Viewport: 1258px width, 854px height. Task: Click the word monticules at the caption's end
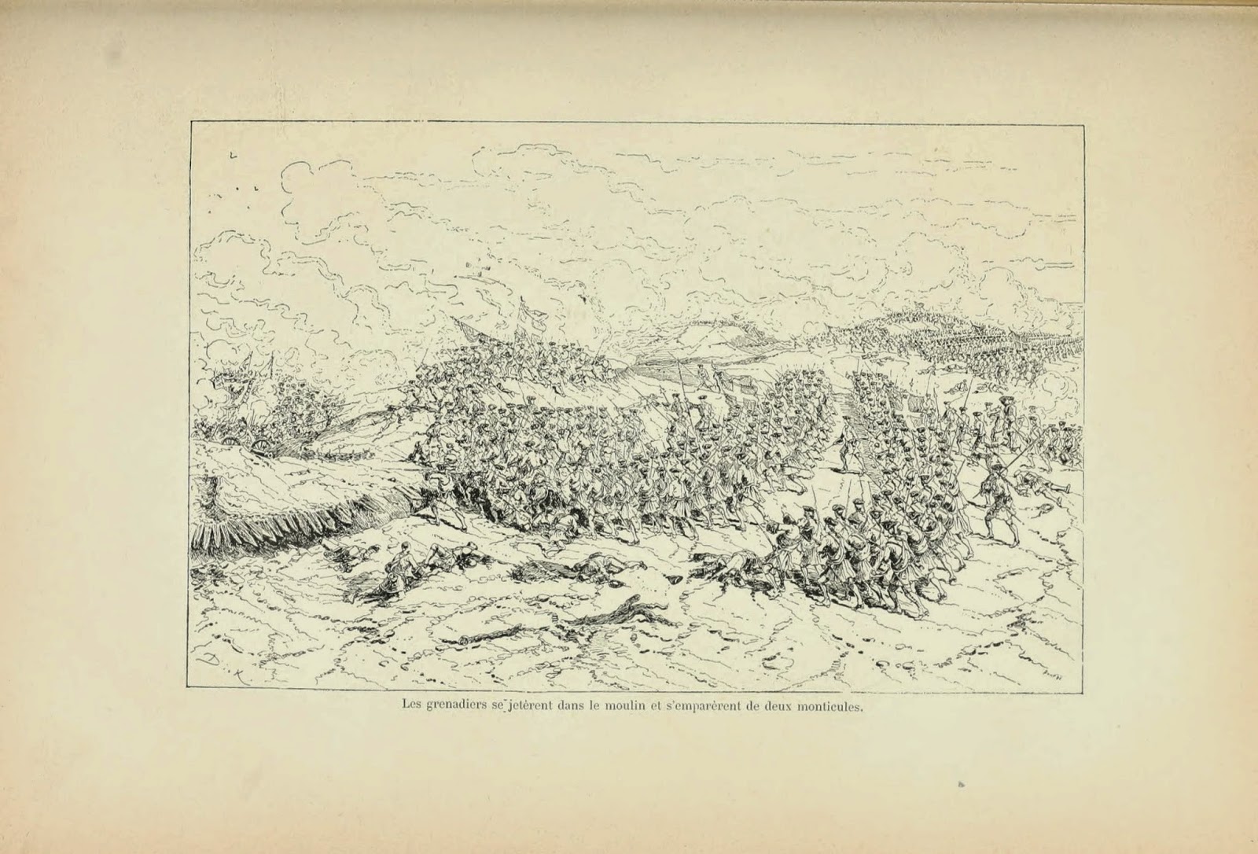coord(831,705)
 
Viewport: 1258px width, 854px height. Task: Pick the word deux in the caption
coord(778,705)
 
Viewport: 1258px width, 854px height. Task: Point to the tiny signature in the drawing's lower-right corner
coord(1049,652)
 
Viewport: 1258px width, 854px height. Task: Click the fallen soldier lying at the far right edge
coord(1042,484)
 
